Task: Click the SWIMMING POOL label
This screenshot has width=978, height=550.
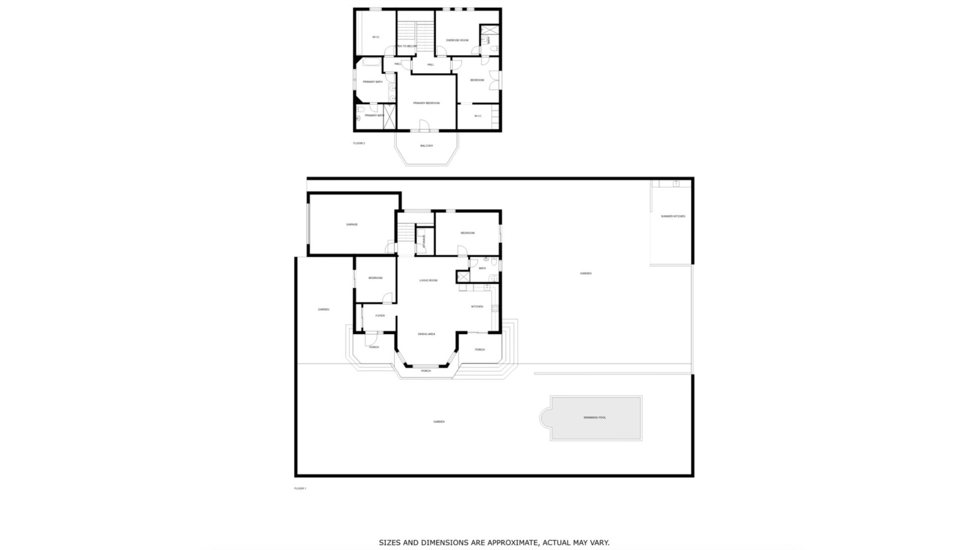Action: point(594,418)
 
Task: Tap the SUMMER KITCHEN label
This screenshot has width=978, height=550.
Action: point(673,216)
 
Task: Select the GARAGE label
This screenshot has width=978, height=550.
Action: point(352,225)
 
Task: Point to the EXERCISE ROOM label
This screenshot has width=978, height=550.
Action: point(457,40)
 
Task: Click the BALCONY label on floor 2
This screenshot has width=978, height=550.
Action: point(426,146)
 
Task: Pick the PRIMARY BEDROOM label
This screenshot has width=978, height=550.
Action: point(426,103)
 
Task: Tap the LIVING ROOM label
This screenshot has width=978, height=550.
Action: point(428,281)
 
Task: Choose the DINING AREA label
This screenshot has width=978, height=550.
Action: point(426,335)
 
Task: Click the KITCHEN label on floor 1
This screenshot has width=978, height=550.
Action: point(477,307)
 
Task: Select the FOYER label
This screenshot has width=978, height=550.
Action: point(380,316)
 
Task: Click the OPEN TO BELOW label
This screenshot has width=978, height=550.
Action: point(406,46)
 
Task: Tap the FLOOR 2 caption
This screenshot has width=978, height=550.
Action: point(359,144)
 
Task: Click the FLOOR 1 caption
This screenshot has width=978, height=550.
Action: point(300,489)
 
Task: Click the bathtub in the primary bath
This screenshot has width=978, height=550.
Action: point(368,63)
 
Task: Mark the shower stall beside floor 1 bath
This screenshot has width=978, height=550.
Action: point(463,277)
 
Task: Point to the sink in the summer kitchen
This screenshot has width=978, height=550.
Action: point(676,183)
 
